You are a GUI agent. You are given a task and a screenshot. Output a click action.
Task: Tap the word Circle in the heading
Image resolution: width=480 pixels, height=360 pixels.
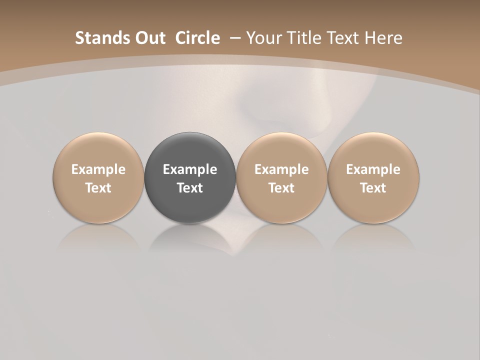197,38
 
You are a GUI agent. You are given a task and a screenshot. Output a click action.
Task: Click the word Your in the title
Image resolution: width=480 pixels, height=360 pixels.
263,38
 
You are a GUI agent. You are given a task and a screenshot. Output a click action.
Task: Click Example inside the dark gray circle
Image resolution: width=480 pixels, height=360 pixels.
190,169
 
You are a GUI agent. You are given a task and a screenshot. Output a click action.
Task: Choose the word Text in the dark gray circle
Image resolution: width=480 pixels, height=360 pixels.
190,188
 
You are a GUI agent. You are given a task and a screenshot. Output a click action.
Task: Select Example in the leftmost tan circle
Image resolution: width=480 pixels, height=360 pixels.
98,169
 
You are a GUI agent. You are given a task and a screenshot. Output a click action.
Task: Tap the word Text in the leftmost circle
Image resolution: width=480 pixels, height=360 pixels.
98,188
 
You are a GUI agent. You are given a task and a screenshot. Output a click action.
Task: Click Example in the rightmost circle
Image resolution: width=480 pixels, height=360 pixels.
373,169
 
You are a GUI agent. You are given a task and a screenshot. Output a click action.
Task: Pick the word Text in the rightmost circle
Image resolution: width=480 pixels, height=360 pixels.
373,188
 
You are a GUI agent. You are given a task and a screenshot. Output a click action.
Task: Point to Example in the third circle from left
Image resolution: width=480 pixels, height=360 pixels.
281,169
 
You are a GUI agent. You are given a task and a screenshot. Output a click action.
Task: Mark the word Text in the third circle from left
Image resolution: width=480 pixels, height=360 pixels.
281,188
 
